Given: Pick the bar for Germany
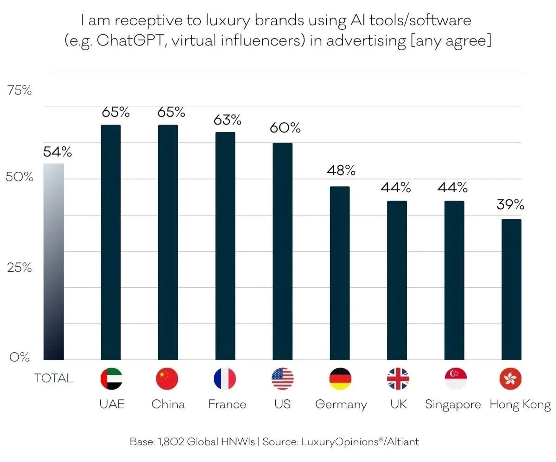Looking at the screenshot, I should (x=340, y=273).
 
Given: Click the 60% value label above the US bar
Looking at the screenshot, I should (x=285, y=128).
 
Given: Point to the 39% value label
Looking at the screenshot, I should (x=510, y=204).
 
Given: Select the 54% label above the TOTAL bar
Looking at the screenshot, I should (x=57, y=152).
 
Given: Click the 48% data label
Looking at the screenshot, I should (x=341, y=170).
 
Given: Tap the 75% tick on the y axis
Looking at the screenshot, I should (x=19, y=90).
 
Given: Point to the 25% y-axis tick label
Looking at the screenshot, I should (x=19, y=267).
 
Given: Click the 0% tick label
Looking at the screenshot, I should (x=19, y=357).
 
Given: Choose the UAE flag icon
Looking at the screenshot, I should (x=111, y=378).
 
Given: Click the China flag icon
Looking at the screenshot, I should (x=167, y=378).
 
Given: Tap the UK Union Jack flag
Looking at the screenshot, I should (x=398, y=378).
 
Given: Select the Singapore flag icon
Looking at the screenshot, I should (x=456, y=378).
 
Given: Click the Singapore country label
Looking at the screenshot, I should (x=453, y=404).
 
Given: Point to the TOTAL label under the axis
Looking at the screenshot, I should (x=53, y=378).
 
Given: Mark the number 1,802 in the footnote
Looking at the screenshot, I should (x=171, y=442).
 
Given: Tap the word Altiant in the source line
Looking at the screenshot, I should (x=403, y=442).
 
